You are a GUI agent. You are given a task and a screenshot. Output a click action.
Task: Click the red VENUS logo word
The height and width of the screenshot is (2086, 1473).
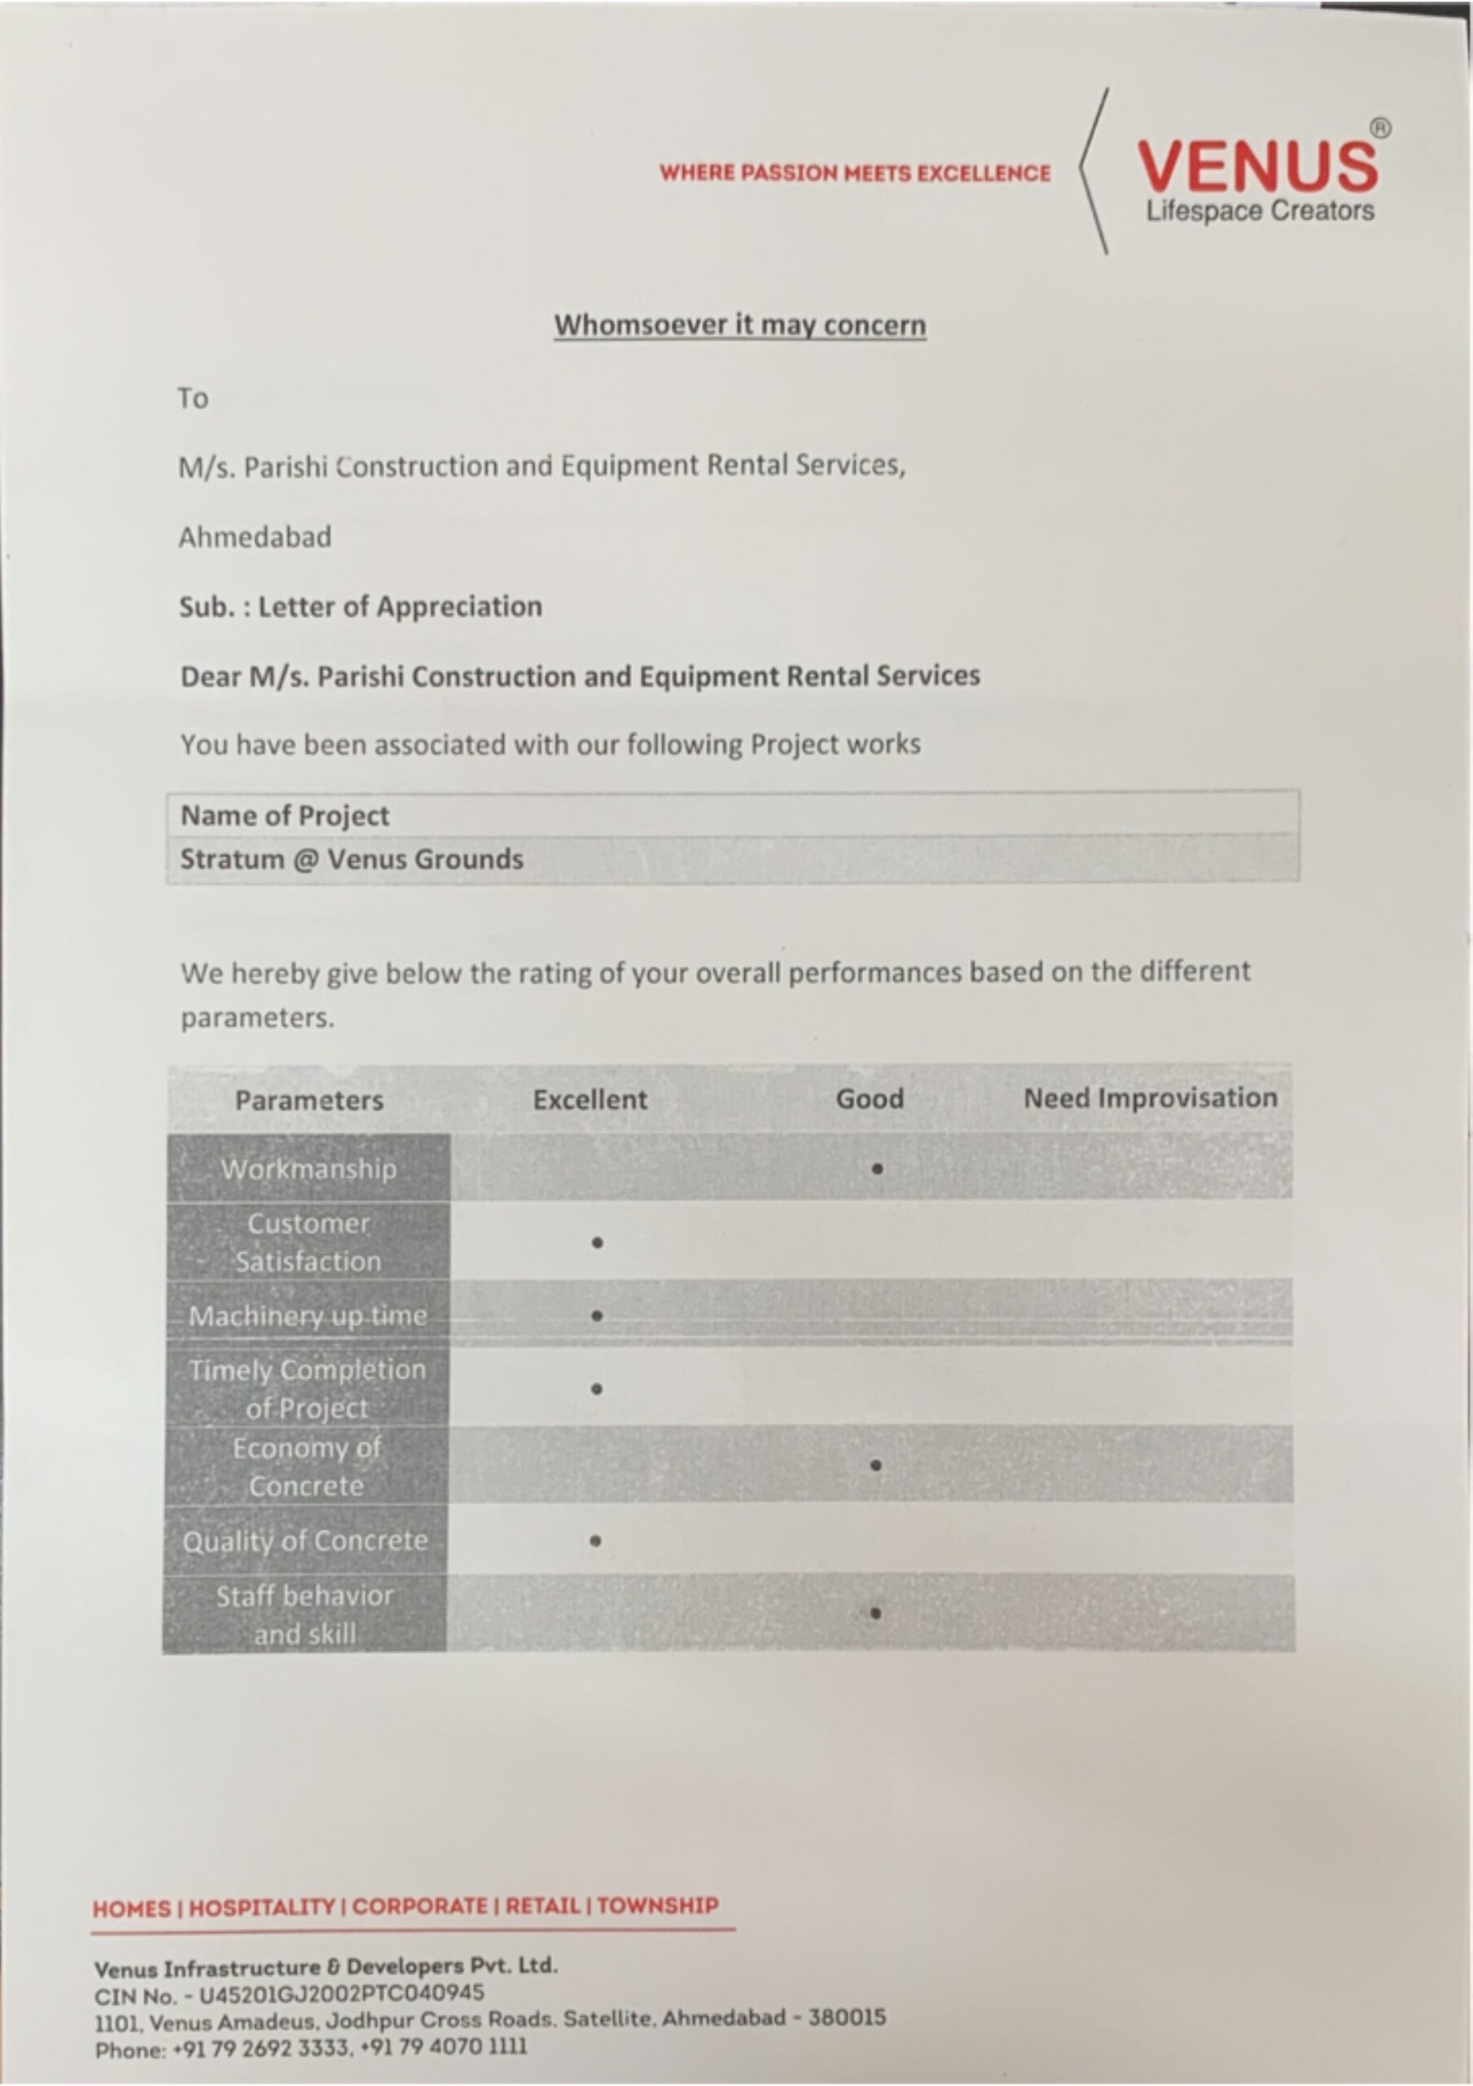pos(1257,166)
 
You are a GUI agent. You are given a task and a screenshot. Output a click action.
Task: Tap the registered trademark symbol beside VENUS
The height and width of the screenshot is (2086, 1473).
pos(1379,128)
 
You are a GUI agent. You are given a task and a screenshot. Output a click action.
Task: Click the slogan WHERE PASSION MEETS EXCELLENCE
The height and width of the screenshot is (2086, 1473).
pos(854,173)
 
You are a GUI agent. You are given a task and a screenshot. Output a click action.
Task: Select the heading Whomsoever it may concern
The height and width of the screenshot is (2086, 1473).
pos(740,325)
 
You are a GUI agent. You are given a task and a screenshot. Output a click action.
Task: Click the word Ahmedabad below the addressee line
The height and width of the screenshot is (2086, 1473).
pos(255,537)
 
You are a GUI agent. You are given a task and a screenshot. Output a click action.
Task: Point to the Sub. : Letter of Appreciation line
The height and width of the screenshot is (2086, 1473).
pos(361,606)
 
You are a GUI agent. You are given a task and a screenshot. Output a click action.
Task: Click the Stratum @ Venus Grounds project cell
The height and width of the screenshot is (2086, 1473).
pos(352,859)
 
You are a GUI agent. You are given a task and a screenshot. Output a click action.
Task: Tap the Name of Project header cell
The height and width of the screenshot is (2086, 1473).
pos(285,815)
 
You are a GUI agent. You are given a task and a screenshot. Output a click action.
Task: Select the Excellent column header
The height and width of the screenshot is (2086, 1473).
pos(590,1099)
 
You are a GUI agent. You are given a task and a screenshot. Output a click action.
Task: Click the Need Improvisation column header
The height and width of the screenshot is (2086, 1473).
pos(1151,1098)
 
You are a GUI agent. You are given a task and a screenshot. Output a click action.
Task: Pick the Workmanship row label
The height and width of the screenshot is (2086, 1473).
pos(309,1168)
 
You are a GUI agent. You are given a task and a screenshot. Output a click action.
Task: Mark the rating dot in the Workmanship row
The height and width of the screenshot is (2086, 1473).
pos(877,1169)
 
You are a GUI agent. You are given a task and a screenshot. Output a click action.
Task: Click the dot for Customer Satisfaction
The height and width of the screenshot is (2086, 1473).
pos(597,1242)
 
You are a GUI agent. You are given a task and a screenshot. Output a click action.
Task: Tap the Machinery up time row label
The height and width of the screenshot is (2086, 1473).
pos(308,1315)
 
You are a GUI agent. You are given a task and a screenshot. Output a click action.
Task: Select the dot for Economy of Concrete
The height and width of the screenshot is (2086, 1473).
pos(875,1465)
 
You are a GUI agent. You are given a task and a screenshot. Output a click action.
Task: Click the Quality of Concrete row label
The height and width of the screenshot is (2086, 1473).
pos(305,1541)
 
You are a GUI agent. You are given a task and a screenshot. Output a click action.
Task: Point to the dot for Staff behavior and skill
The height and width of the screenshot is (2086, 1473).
pos(875,1613)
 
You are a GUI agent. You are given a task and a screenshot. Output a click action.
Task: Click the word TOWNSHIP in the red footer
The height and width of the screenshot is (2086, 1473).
pos(657,1905)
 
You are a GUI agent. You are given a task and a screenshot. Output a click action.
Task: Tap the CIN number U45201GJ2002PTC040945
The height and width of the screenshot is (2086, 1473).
pos(341,1993)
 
